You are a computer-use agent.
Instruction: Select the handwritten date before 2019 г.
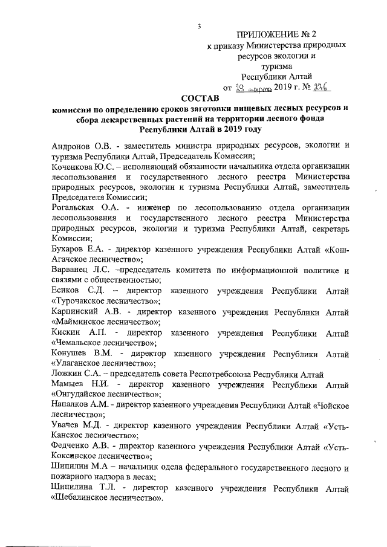253,88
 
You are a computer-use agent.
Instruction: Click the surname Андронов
70,146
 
